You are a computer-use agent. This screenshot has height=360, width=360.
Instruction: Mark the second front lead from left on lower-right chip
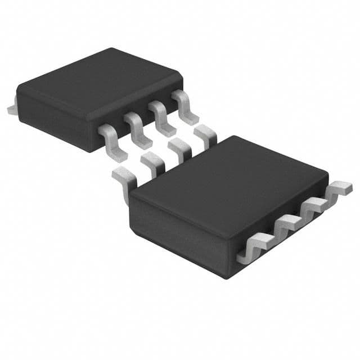pos(286,226)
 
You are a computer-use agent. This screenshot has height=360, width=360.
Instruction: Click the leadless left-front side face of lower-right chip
pos(180,231)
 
